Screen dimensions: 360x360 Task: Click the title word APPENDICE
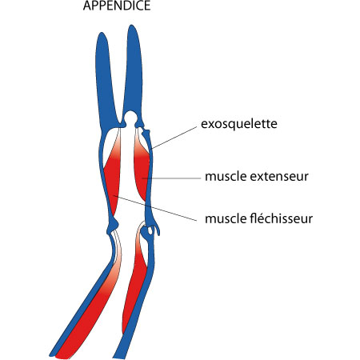tap(117, 6)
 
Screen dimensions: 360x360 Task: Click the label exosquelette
tap(239, 124)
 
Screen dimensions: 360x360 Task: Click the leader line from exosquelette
tap(174, 138)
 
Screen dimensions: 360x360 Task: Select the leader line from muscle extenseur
tap(171, 178)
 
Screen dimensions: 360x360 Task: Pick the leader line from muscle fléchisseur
tap(154, 208)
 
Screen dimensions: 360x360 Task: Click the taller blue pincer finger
tap(133, 72)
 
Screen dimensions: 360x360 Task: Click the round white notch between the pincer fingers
tap(130, 118)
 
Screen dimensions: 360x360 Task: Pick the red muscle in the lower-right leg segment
tap(134, 288)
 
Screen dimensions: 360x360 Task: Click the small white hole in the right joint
tap(150, 230)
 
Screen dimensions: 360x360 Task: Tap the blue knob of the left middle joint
tap(113, 226)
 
